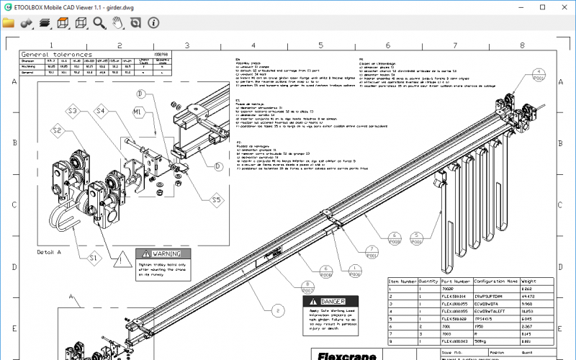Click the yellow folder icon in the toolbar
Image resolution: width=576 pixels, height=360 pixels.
coord(9,23)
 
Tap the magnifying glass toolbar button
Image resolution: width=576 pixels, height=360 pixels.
coord(99,23)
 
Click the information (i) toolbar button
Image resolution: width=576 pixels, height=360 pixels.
coord(153,23)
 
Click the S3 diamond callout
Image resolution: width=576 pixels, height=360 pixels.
coord(73,112)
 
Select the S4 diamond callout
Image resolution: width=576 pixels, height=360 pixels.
coord(102,112)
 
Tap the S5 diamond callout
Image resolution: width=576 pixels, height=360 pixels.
coord(216,199)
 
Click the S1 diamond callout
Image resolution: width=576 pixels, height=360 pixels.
coord(94,256)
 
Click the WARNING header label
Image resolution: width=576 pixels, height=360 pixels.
coord(161,253)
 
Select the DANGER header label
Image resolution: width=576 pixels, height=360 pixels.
coord(333,301)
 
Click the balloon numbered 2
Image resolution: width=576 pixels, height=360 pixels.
coord(276,312)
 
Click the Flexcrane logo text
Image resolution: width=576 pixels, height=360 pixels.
coord(344,355)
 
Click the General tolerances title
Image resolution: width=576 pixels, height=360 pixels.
coord(57,54)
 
